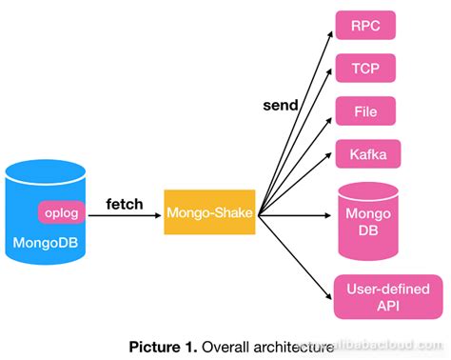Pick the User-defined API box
coord(387,296)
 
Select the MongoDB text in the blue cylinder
coord(46,242)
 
